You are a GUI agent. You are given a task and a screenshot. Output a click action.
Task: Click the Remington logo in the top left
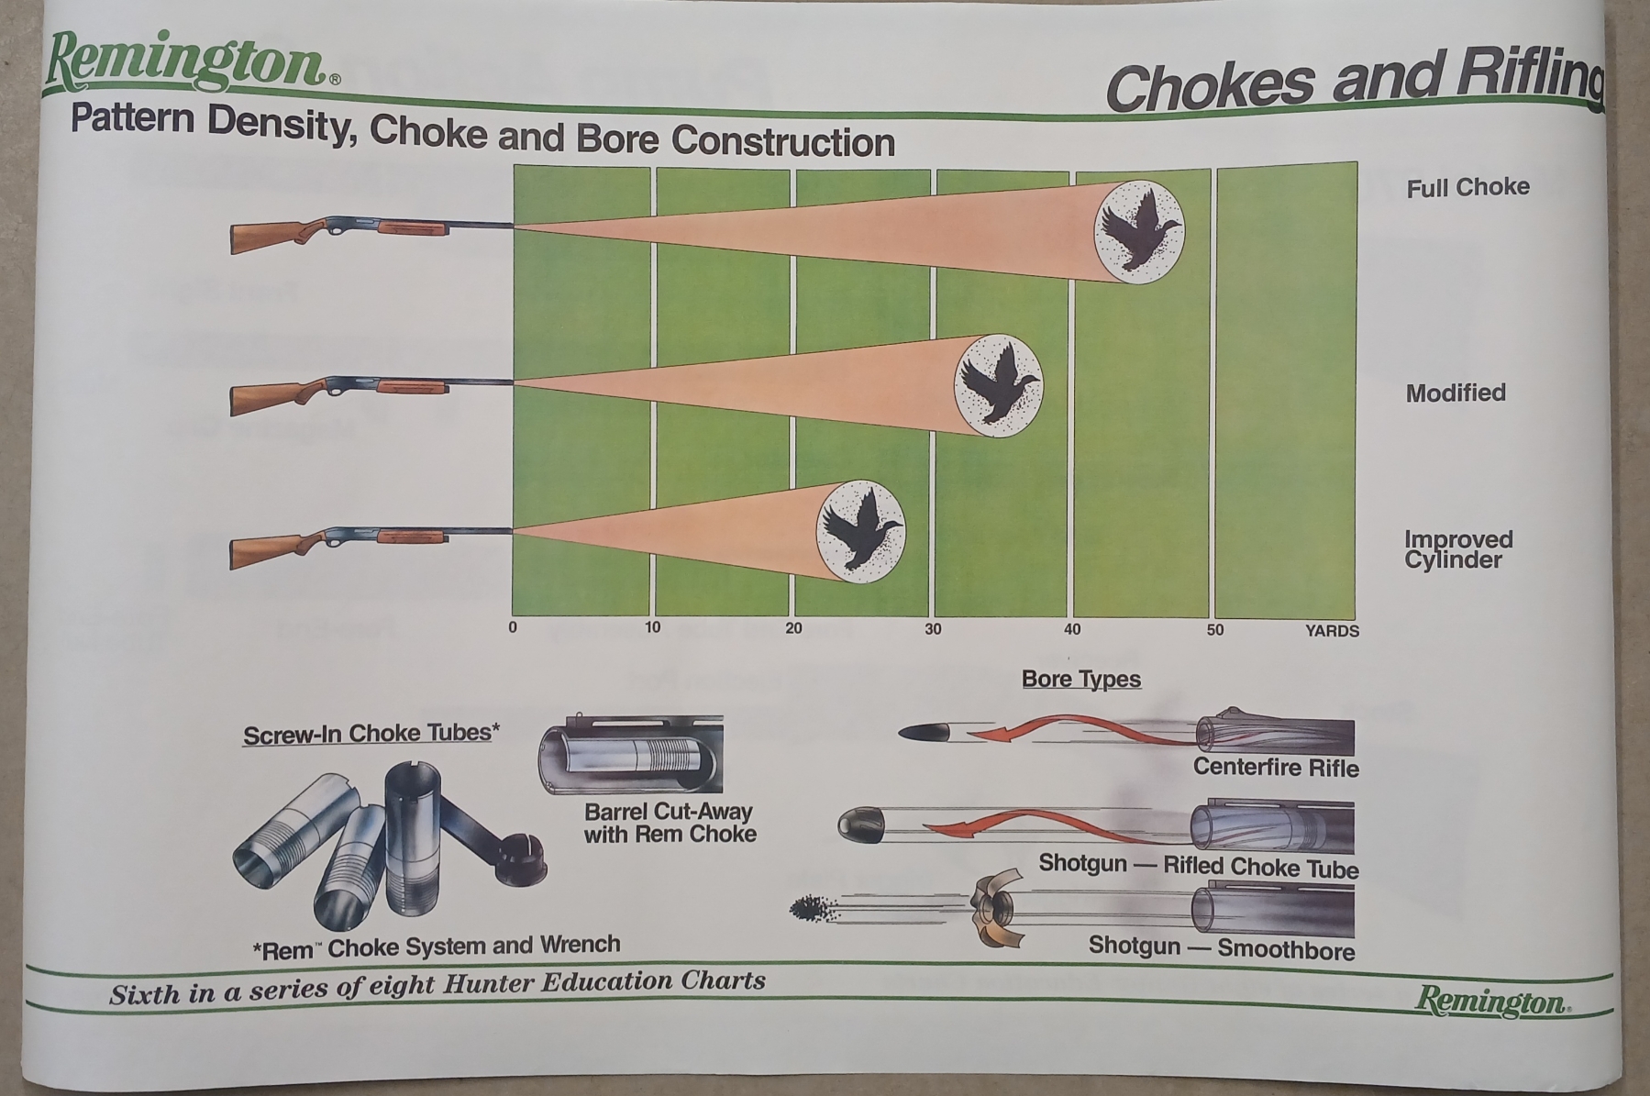tap(191, 62)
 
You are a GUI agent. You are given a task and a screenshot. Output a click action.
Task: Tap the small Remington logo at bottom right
tap(1492, 1001)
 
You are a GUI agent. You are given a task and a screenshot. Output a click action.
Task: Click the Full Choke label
tap(1467, 187)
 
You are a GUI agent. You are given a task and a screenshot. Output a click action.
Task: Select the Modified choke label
tap(1456, 393)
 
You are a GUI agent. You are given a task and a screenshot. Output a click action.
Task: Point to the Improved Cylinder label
tap(1458, 549)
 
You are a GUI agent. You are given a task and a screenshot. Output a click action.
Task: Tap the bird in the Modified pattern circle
tap(997, 386)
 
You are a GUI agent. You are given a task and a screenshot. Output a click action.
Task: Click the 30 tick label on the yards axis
tap(933, 629)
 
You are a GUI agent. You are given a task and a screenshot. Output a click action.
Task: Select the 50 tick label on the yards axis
tap(1215, 630)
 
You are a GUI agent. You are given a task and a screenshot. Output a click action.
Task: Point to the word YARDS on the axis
tap(1332, 631)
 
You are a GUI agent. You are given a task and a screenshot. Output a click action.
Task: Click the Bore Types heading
tap(1081, 680)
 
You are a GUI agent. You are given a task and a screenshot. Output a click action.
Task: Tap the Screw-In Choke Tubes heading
tap(371, 734)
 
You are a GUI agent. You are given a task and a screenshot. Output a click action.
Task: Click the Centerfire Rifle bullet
tap(925, 732)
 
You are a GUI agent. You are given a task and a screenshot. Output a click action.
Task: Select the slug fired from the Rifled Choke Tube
tap(863, 825)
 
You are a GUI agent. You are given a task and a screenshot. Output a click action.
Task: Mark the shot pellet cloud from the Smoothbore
tap(814, 909)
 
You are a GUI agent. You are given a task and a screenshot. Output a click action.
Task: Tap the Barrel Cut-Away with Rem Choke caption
tap(670, 823)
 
